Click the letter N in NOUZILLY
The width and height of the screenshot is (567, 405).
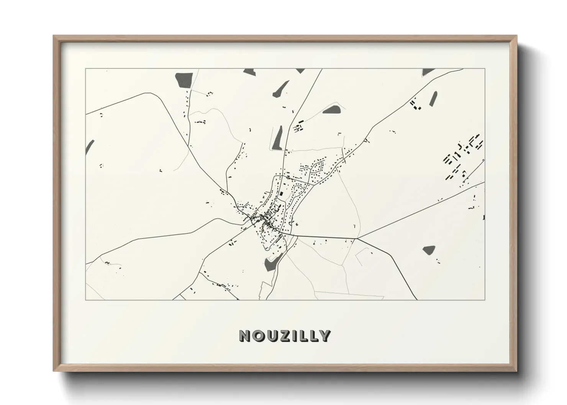(245, 336)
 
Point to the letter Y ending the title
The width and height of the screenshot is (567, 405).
(325, 336)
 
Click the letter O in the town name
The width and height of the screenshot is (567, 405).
(258, 336)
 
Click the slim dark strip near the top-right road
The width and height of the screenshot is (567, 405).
(433, 98)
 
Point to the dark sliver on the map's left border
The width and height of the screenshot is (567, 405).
(90, 146)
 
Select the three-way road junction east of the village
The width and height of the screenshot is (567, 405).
(357, 238)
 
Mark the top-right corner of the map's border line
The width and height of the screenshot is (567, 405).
(485, 69)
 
